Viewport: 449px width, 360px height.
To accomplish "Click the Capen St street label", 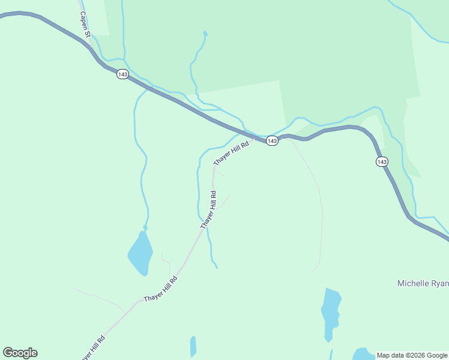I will tap(85, 25).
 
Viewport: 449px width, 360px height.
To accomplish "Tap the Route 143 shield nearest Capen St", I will tap(122, 74).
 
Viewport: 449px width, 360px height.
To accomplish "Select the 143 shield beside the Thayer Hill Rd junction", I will tap(272, 140).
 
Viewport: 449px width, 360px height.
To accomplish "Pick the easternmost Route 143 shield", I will tap(382, 161).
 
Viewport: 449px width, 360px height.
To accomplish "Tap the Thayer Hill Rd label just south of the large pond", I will tap(161, 289).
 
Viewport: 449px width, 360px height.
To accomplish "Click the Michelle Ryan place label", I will tap(423, 283).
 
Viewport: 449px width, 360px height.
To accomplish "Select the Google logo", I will tap(20, 353).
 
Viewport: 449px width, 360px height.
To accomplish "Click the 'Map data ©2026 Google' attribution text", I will tap(412, 355).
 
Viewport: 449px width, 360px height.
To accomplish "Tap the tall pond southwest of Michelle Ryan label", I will tap(331, 312).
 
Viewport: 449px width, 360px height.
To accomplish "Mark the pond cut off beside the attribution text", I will tap(364, 353).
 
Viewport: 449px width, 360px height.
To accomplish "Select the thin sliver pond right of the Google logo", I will tap(193, 346).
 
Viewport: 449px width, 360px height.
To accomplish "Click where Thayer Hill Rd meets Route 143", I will tap(254, 138).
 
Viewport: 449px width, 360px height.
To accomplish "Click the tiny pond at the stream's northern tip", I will tap(205, 33).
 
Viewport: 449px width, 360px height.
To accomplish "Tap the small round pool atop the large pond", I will tap(145, 228).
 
